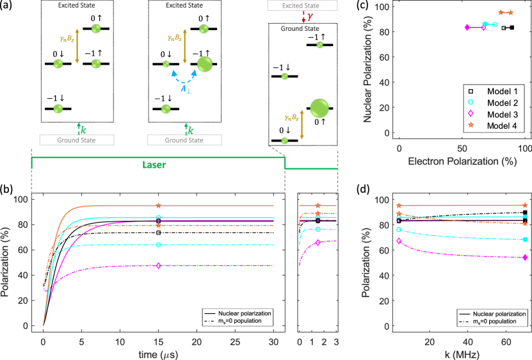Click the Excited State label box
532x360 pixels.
[x=302, y=6]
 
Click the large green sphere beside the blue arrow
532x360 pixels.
[x=204, y=65]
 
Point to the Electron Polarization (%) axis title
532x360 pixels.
[x=462, y=161]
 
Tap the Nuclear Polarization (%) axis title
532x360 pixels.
[x=368, y=69]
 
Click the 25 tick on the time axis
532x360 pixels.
[x=235, y=340]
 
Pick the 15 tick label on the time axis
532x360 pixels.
[x=158, y=340]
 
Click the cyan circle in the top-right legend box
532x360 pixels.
[x=471, y=102]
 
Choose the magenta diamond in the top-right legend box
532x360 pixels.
[x=471, y=113]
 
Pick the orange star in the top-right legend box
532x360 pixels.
[x=471, y=125]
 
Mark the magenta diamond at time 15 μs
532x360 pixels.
[x=158, y=265]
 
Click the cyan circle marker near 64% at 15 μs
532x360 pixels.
[x=158, y=245]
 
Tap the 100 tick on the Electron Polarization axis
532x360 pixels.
[x=526, y=147]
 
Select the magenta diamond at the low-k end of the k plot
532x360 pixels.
[x=399, y=241]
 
